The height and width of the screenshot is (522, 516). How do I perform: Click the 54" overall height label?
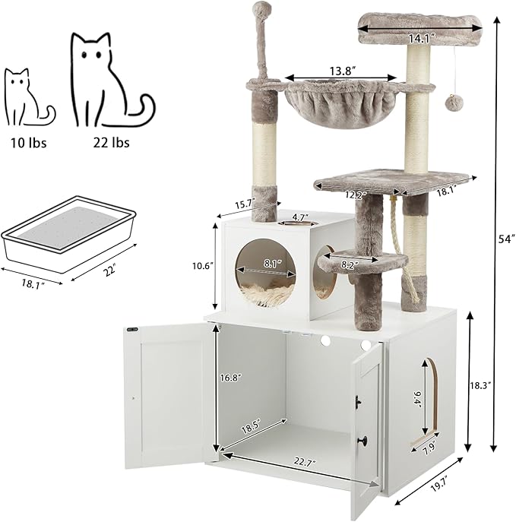[x=505, y=239]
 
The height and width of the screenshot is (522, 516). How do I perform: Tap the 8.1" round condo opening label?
[x=266, y=264]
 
